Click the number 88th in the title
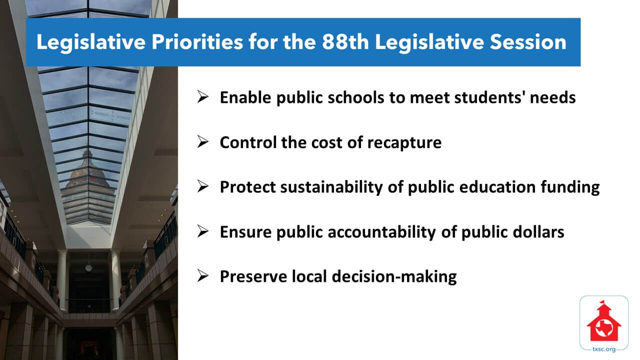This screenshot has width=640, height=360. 345,42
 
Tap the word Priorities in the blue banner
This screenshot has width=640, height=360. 197,42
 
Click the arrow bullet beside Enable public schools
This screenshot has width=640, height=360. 202,97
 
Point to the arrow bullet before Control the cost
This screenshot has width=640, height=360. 202,141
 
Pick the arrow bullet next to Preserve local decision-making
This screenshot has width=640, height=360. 202,276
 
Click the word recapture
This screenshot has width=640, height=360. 404,143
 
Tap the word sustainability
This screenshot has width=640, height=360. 331,187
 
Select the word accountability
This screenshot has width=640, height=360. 382,232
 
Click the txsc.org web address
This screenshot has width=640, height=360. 604,349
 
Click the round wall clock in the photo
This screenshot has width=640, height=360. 88,268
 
